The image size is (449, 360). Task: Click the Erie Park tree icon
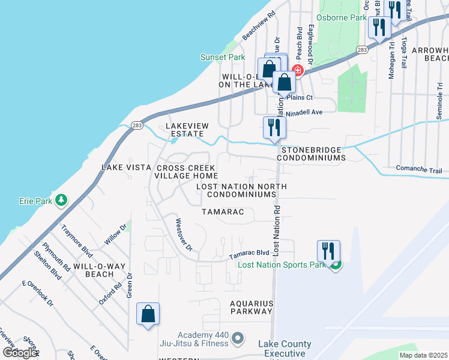pyautogui.click(x=61, y=200)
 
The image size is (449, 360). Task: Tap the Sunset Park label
pyautogui.click(x=222, y=58)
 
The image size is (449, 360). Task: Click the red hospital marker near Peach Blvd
pyautogui.click(x=297, y=71)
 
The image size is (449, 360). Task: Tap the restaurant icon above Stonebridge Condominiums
pyautogui.click(x=274, y=128)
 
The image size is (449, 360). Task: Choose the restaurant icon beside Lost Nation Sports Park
pyautogui.click(x=328, y=251)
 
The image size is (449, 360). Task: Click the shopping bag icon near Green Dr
pyautogui.click(x=148, y=314)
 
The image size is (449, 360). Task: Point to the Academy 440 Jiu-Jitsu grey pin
pyautogui.click(x=237, y=339)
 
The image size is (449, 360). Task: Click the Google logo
pyautogui.click(x=20, y=353)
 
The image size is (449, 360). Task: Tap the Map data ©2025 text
pyautogui.click(x=423, y=355)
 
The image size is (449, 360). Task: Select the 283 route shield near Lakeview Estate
pyautogui.click(x=136, y=125)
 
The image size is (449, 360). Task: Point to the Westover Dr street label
pyautogui.click(x=183, y=235)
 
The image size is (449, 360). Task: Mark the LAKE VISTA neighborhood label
pyautogui.click(x=125, y=167)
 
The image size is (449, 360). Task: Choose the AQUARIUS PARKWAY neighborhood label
pyautogui.click(x=252, y=308)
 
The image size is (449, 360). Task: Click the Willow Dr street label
pyautogui.click(x=115, y=235)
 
